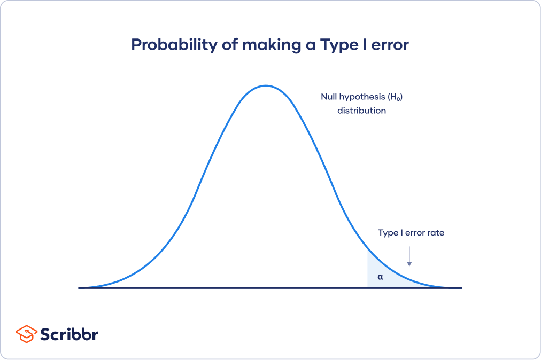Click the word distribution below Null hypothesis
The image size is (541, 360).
(x=361, y=111)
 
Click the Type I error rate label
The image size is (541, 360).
(x=411, y=233)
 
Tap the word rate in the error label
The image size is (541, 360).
(x=435, y=233)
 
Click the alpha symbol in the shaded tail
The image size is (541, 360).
(x=380, y=277)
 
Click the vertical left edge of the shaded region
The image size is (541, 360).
(x=368, y=270)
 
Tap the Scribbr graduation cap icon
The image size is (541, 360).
(x=26, y=334)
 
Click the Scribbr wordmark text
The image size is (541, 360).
(x=69, y=335)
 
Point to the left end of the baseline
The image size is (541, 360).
(x=80, y=288)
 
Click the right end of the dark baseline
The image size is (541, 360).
(x=460, y=288)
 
